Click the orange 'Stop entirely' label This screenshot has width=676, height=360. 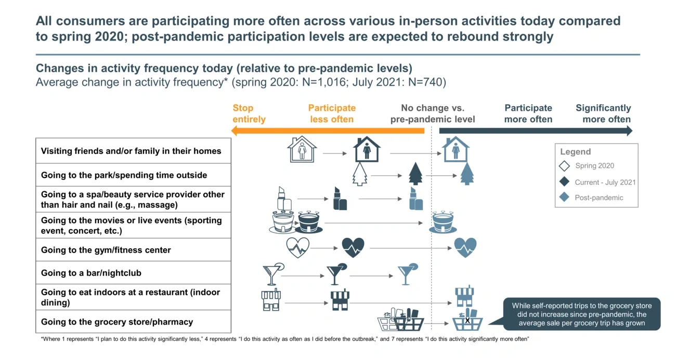pos(249,113)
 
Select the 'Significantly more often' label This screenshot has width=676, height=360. pos(603,113)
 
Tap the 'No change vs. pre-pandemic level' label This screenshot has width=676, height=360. pos(433,113)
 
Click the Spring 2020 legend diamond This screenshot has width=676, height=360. pos(564,166)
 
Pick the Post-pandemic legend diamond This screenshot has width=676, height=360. pos(564,198)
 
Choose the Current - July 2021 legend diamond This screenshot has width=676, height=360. pos(564,182)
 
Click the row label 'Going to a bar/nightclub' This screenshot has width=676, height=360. pos(91,273)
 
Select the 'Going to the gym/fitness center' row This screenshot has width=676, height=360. pos(106,250)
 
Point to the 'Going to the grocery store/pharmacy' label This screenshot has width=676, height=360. pos(117,322)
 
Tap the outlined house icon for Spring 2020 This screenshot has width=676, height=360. pos(302,150)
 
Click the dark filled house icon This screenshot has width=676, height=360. pos(367,150)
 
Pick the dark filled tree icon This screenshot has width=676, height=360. pos(415,174)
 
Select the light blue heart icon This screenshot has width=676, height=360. pos(465,247)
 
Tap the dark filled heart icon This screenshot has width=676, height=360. pos(353,247)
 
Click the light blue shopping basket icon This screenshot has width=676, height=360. pos(467,322)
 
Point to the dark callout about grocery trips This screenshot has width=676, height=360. pos(581,314)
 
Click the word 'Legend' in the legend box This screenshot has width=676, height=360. pos(575,152)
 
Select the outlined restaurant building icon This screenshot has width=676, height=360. pos(271,300)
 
